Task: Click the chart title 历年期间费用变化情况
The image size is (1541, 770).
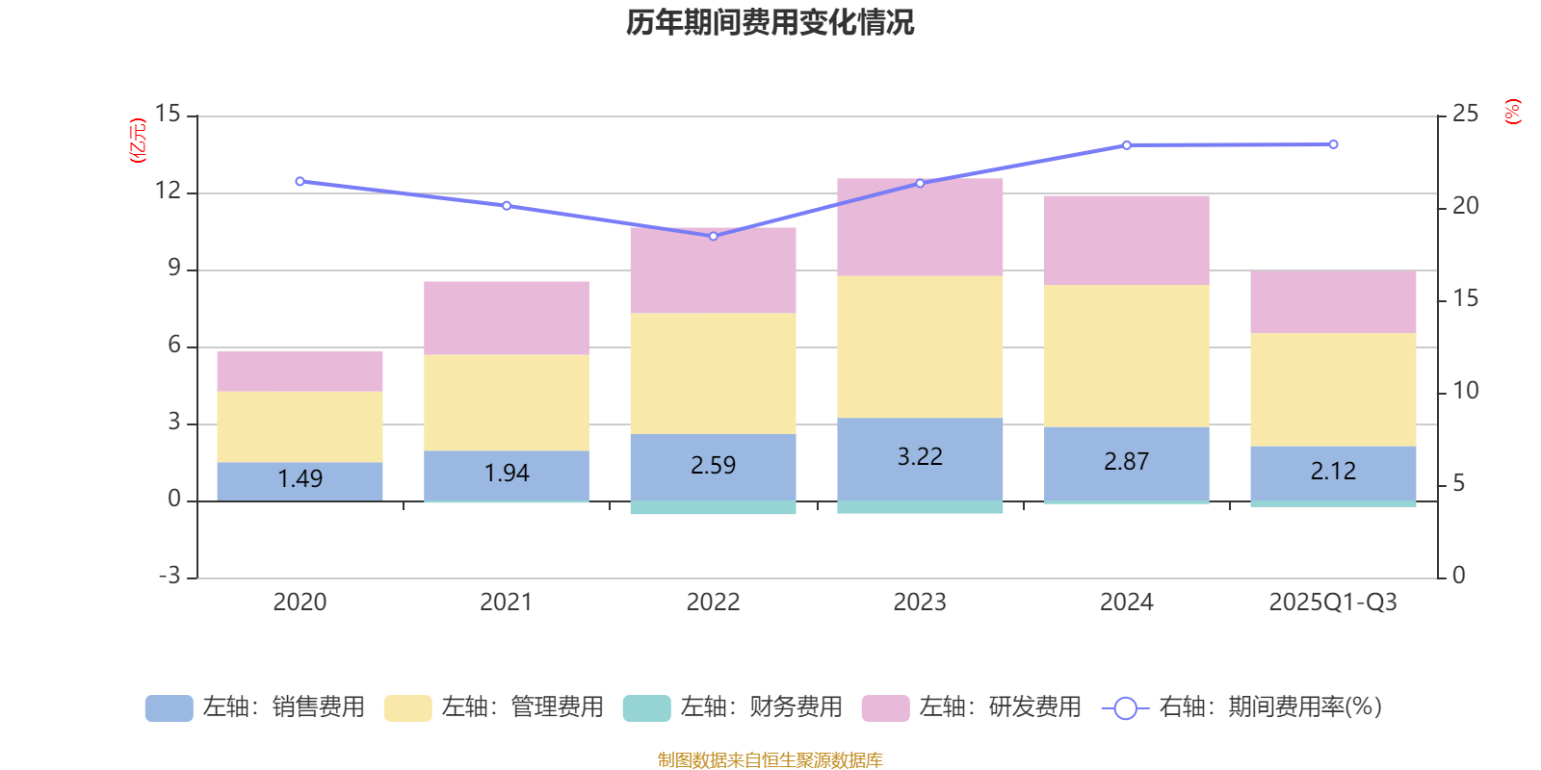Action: coord(770,22)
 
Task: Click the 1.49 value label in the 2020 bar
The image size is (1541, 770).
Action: coord(300,478)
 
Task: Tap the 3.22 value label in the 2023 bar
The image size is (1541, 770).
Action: coord(920,456)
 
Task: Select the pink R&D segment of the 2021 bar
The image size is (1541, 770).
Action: coord(507,318)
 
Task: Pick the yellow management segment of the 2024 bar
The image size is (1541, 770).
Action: coord(1127,355)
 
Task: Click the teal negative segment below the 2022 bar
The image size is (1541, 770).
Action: coord(713,507)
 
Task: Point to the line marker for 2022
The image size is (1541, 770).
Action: coord(714,236)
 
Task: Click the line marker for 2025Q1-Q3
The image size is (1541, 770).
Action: coord(1333,144)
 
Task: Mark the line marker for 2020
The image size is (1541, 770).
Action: coord(300,181)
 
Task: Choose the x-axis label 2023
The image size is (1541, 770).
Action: coord(920,603)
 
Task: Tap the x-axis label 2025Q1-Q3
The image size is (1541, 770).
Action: coord(1333,603)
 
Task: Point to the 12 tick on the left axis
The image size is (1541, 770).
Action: coord(169,192)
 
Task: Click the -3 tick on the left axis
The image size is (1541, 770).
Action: coord(169,576)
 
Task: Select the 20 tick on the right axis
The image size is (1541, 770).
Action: coord(1465,206)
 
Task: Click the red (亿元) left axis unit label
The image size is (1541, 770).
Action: coord(138,141)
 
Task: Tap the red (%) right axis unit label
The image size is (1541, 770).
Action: coord(1513,112)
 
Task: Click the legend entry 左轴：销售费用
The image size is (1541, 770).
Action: coord(255,707)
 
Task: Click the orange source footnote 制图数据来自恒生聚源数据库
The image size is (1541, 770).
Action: coord(770,760)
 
